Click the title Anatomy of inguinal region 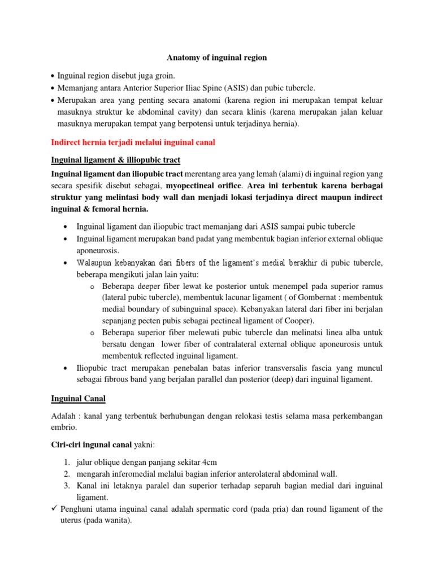(x=216, y=58)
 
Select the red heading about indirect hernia (x=132, y=143)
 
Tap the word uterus (x=71, y=521)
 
